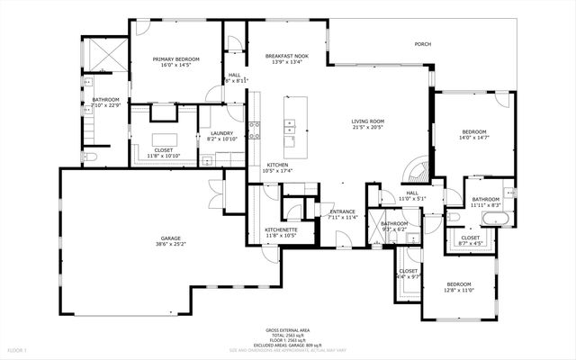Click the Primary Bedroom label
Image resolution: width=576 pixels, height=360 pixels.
coord(175,58)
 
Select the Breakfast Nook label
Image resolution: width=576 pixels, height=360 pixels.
coord(287,56)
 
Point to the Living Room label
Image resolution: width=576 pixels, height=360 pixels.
coord(367,121)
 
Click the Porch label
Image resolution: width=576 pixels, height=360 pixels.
coord(422,43)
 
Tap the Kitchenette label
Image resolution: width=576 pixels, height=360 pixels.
coord(281,229)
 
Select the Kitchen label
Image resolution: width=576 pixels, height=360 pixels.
coord(276,165)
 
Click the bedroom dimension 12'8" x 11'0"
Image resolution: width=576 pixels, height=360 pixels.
coord(459,290)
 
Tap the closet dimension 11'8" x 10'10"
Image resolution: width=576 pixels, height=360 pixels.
coord(164,156)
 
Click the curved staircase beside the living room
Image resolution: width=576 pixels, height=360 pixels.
coord(417,169)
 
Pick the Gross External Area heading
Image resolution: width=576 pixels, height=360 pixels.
coord(287,330)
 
